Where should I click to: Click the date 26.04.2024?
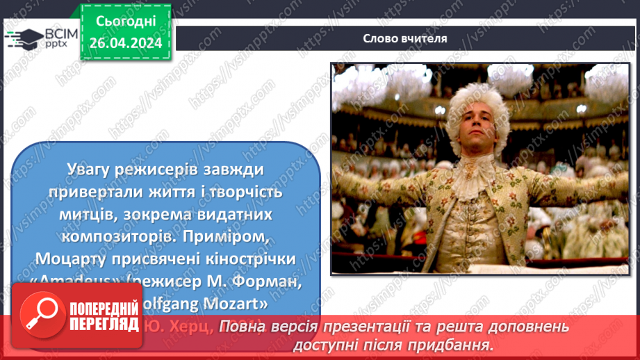click(126, 42)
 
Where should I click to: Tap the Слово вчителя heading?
click(404, 38)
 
